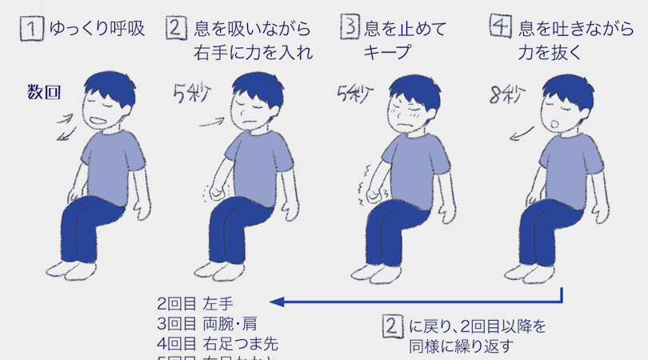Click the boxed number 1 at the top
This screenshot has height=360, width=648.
coord(30,30)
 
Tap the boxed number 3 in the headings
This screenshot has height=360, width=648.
coord(350,30)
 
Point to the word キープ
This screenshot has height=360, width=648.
coord(387,53)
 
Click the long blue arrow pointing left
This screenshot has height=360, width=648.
coord(416,302)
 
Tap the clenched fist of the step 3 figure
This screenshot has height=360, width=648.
coord(373,194)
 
